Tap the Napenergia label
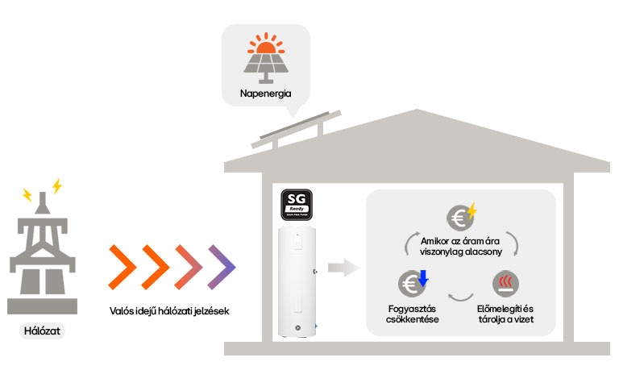click(266, 94)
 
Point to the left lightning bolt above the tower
click(27, 194)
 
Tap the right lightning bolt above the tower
click(56, 186)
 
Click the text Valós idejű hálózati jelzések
click(170, 311)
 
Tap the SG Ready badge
click(297, 206)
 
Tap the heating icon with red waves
click(505, 283)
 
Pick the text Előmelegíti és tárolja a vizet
click(505, 314)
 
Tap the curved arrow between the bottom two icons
click(459, 297)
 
